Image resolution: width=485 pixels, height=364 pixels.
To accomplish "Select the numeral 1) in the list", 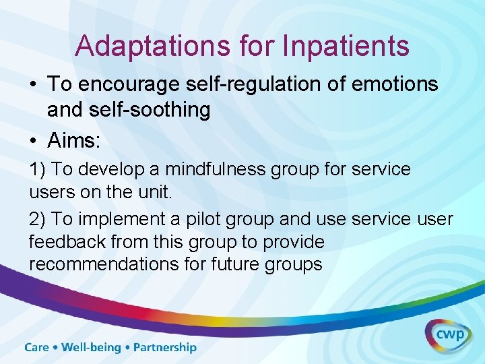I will point(37,169).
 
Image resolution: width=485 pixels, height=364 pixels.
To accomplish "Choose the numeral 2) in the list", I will point(37,219).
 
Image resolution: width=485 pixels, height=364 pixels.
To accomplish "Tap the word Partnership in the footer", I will point(165,348).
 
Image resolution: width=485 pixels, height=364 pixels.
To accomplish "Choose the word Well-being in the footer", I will point(91,348).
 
